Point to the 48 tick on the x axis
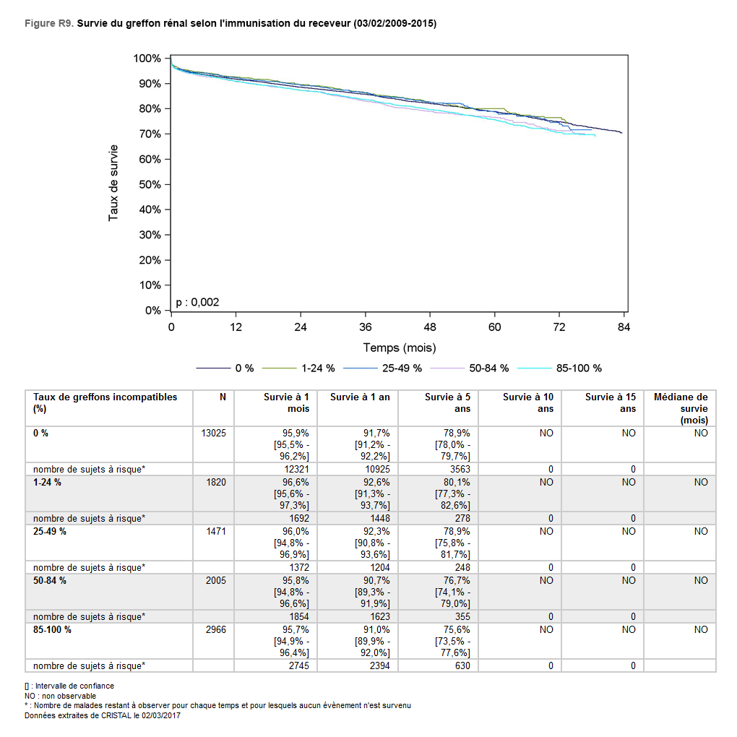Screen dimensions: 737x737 tap(430, 327)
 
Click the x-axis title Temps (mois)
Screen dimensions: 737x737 tap(399, 348)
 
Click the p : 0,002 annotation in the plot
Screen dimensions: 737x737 tap(197, 302)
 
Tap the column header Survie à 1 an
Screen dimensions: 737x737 tap(360, 397)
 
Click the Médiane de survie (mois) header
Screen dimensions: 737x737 tap(680, 408)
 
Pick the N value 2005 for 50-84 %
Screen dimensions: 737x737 tap(216, 580)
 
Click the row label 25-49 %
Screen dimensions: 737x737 tap(50, 531)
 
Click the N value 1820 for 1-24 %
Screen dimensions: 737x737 tap(216, 482)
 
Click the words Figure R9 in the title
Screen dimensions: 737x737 tap(48, 24)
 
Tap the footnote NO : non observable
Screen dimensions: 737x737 tap(60, 696)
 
